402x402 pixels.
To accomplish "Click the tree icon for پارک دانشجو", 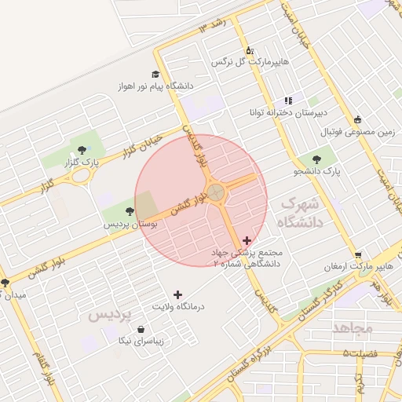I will click(x=326, y=159).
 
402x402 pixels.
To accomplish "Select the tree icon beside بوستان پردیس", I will click(x=129, y=210).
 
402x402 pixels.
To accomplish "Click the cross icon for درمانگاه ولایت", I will click(x=177, y=294).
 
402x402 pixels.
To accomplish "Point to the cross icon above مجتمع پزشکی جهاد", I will click(x=247, y=240).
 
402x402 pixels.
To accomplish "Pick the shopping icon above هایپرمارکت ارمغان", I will click(x=358, y=255).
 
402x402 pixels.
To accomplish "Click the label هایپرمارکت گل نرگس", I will click(x=250, y=60).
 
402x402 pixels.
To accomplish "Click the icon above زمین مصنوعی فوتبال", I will click(x=358, y=120).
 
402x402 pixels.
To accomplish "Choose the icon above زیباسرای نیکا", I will click(x=141, y=330).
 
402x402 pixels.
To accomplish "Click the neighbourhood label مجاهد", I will click(x=352, y=327).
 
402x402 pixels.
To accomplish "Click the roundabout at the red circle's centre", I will click(x=216, y=192).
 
